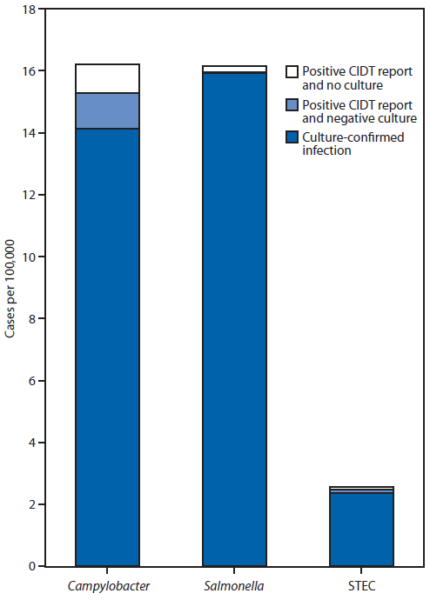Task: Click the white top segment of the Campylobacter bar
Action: point(108,78)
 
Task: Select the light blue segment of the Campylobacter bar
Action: point(108,110)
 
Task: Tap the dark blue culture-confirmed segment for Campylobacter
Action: point(108,348)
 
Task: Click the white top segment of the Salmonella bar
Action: point(234,69)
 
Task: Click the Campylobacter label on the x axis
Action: point(108,584)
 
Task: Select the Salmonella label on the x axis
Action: point(234,584)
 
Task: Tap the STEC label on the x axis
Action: point(361,584)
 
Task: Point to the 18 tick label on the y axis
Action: point(29,10)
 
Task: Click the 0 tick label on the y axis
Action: point(31,566)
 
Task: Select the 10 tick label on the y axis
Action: point(29,257)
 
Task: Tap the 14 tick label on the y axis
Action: point(29,133)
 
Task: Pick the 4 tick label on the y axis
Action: point(31,443)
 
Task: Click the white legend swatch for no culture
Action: point(293,72)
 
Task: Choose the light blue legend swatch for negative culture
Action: point(293,104)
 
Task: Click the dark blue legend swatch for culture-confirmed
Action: point(293,137)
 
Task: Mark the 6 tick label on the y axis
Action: point(31,381)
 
